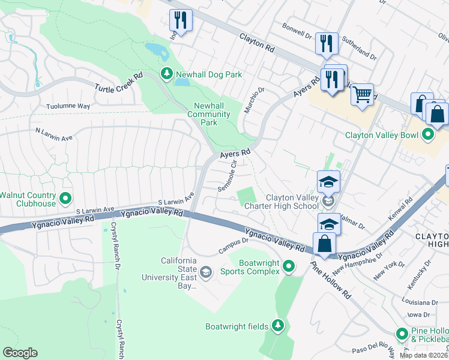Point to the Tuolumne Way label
tap(68, 106)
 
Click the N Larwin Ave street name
tap(54, 134)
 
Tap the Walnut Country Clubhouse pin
tap(66, 197)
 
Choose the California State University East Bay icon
tap(206, 274)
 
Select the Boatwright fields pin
tap(277, 326)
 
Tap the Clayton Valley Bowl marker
tap(428, 134)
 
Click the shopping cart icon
tap(362, 95)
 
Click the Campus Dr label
tap(233, 242)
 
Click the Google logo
tap(20, 353)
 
